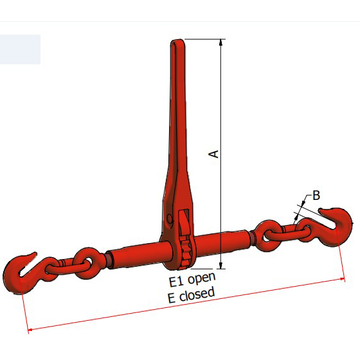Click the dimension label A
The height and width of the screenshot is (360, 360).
pos(215,153)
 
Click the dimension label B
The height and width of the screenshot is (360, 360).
pos(316,195)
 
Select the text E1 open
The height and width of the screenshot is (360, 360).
pos(192,280)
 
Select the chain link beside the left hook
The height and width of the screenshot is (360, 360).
pos(84,260)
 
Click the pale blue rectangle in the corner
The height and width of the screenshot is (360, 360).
pos(20,49)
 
